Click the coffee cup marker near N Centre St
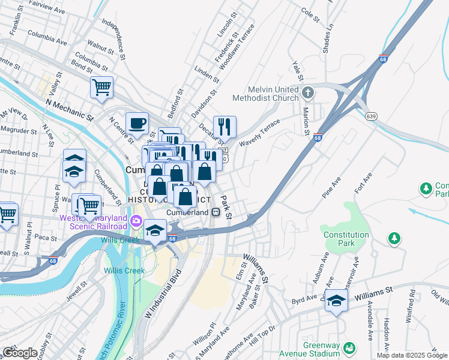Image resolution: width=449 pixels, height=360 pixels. (137, 123)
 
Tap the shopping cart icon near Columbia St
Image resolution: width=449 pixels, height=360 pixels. (101, 88)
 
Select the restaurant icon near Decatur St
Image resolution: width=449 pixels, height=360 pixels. (224, 126)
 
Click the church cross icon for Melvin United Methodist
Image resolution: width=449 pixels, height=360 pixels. (308, 92)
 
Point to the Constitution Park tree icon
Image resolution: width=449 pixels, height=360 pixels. (394, 238)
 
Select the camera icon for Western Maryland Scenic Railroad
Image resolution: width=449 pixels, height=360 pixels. (136, 223)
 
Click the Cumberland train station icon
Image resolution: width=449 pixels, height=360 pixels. (214, 212)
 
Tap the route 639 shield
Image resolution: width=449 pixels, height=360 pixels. (373, 115)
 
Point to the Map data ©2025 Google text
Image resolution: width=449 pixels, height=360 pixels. (412, 355)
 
